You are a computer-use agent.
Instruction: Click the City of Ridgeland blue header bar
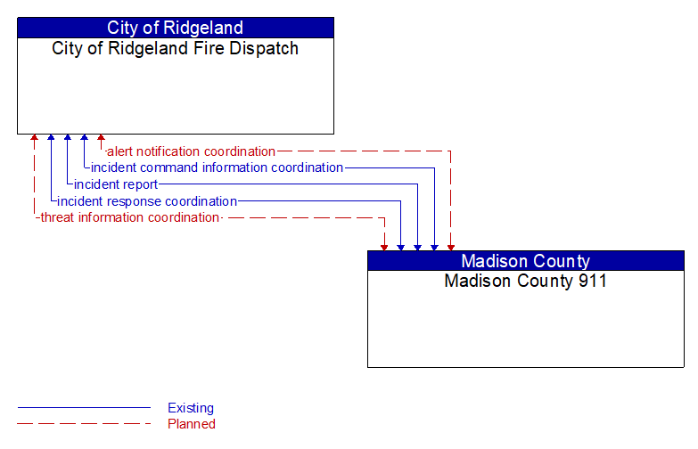click(175, 28)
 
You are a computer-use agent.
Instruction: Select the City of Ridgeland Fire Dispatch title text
click(175, 48)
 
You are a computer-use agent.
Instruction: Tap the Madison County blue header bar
click(525, 261)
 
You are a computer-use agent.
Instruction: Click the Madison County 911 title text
click(525, 281)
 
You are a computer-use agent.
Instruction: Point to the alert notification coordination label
click(191, 151)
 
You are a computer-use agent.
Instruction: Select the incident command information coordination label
click(217, 167)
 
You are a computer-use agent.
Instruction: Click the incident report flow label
click(116, 184)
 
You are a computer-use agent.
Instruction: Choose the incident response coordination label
click(147, 201)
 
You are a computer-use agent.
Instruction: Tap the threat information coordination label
click(129, 217)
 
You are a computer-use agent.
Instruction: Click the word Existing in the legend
click(191, 408)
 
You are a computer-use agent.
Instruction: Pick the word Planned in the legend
click(192, 424)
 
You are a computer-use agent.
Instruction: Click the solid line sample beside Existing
click(84, 408)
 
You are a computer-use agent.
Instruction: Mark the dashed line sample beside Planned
click(84, 424)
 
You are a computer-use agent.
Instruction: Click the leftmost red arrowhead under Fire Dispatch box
click(34, 139)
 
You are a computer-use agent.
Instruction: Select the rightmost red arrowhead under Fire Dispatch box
click(101, 139)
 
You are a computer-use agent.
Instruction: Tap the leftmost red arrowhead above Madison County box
click(384, 246)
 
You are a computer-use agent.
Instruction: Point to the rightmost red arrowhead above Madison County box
click(451, 246)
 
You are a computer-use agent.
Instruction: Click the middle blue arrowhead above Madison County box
click(417, 246)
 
